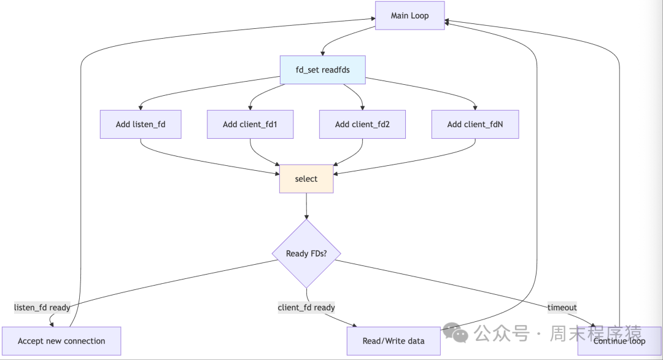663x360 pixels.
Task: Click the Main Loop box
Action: click(409, 16)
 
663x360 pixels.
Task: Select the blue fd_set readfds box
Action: click(323, 70)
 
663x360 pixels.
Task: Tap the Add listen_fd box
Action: click(141, 124)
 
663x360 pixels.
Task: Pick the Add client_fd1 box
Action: click(250, 124)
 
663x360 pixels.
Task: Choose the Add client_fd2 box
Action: click(362, 124)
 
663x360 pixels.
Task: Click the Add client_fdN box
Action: click(475, 124)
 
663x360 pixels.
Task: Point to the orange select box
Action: click(306, 179)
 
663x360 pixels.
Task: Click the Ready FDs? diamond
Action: click(306, 254)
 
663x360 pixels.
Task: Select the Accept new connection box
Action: click(61, 341)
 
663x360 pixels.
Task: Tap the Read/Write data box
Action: click(394, 341)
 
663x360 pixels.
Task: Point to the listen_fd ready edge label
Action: click(42, 307)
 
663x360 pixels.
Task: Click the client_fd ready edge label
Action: click(306, 307)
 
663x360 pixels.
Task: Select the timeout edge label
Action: click(562, 307)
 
